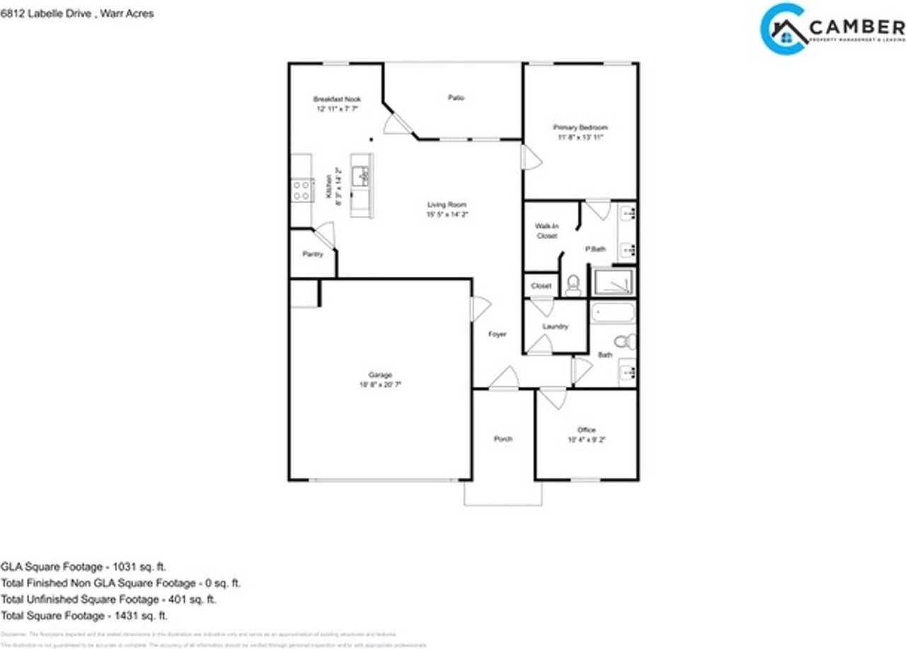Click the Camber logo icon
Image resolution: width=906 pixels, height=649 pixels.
click(783, 29)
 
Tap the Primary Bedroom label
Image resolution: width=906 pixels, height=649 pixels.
click(580, 127)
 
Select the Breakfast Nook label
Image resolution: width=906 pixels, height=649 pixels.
click(336, 99)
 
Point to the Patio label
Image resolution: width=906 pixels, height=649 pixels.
click(456, 98)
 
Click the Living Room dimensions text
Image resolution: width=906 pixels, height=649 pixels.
click(446, 214)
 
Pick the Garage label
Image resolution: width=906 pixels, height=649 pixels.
click(379, 375)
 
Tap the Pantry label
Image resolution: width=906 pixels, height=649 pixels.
click(312, 254)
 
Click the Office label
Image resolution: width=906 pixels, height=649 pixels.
click(586, 430)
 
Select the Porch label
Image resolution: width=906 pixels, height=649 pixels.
click(503, 439)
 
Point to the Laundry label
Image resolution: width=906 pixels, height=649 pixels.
click(555, 326)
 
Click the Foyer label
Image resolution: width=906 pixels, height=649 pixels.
click(498, 334)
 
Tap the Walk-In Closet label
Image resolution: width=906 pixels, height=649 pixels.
click(546, 231)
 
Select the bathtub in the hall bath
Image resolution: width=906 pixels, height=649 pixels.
click(612, 312)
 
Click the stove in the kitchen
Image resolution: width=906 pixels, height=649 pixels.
click(302, 190)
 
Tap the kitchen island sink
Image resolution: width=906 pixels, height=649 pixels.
click(362, 175)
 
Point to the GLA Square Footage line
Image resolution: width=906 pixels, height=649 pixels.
click(84, 566)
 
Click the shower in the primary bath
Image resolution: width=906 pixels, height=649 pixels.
click(612, 282)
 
